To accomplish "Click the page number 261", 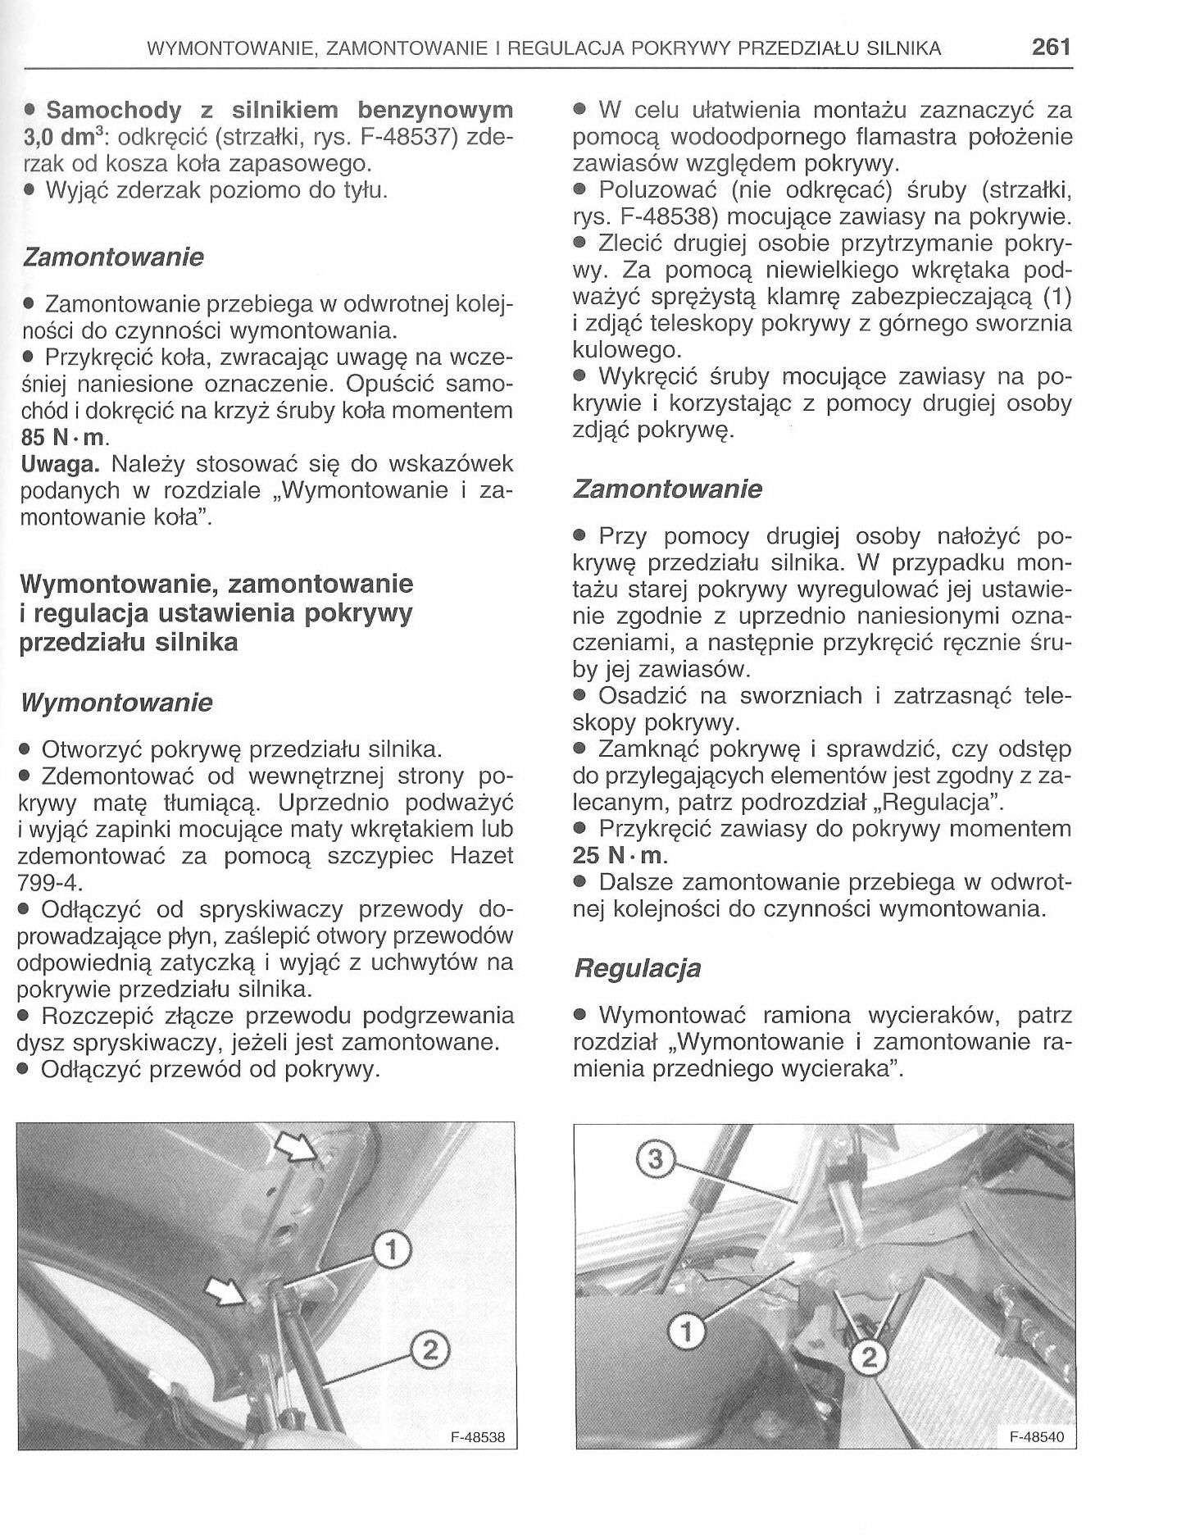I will [x=1051, y=47].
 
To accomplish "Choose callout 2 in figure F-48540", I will [x=870, y=1359].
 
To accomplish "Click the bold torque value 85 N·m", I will [x=63, y=437].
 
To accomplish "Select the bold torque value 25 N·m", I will [x=620, y=855].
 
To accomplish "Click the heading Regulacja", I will [x=637, y=968].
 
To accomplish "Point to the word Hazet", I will [x=482, y=855].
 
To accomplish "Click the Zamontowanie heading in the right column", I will [x=667, y=489].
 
